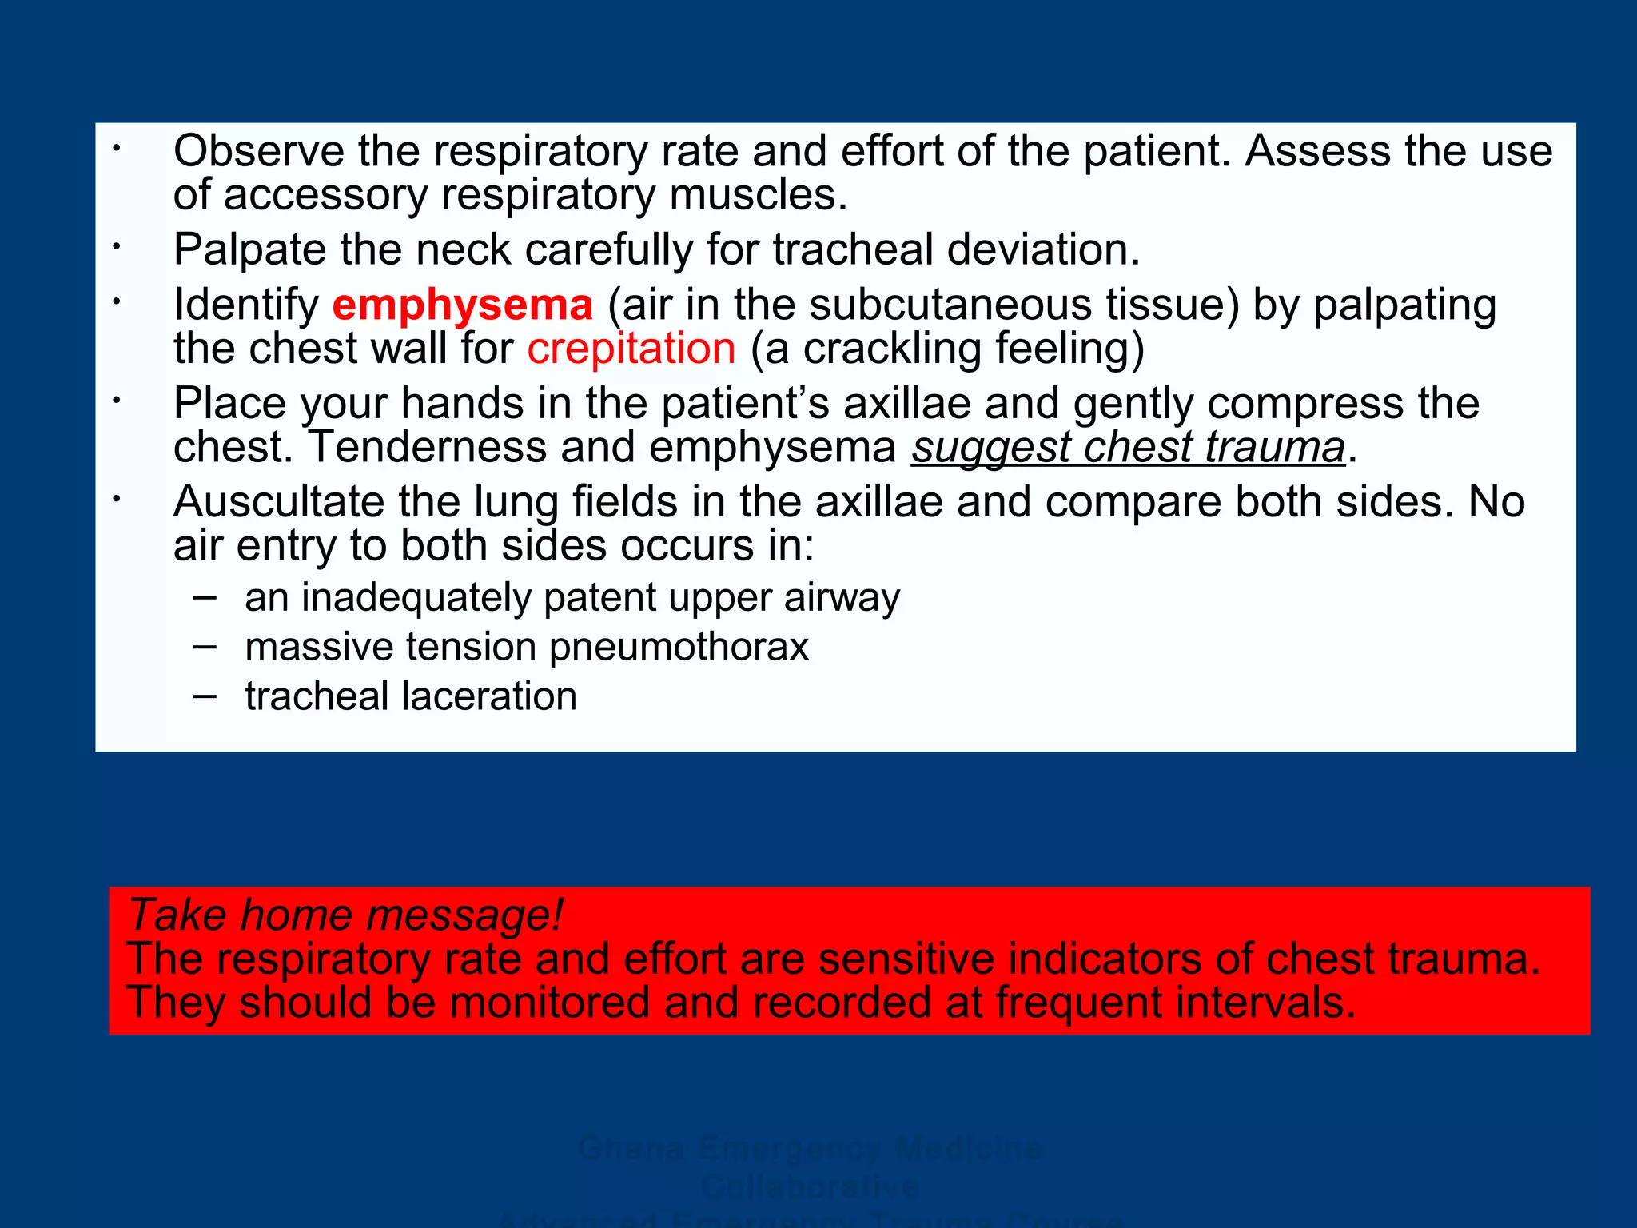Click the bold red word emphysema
click(462, 305)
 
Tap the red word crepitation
click(631, 349)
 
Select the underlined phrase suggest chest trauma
click(1128, 448)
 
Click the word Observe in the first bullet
click(258, 152)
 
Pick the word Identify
click(246, 305)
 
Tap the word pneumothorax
click(679, 647)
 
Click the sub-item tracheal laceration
click(411, 696)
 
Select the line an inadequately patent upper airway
click(572, 598)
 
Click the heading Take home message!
click(345, 915)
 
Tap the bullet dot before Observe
click(116, 149)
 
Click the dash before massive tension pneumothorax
click(205, 646)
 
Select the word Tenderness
click(427, 448)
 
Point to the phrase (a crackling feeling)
click(947, 349)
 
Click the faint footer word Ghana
click(631, 1149)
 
